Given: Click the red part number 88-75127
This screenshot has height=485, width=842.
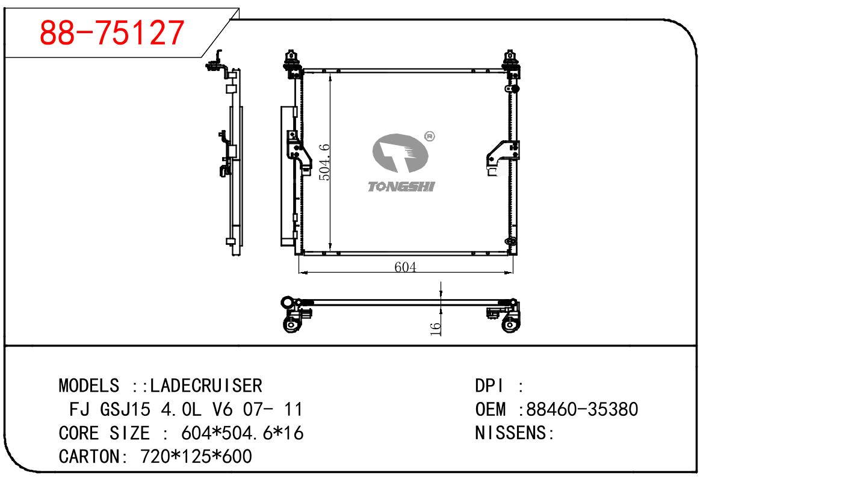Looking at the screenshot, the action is point(111,33).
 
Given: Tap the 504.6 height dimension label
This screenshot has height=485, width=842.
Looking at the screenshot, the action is point(324,162).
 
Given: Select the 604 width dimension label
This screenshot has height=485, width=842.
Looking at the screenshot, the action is point(405,267).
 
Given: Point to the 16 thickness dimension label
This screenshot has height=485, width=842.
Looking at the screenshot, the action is point(435,329).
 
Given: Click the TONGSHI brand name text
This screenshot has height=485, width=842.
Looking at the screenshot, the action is point(401,187).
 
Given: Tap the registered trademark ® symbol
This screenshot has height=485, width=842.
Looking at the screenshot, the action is point(429,136).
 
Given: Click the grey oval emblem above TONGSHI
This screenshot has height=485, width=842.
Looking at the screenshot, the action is point(400,153).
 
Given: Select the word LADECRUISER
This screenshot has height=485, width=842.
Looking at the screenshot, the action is point(206,386).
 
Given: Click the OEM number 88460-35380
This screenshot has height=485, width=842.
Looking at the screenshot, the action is point(582,409).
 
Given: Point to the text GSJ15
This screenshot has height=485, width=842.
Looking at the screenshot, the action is point(125,409).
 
